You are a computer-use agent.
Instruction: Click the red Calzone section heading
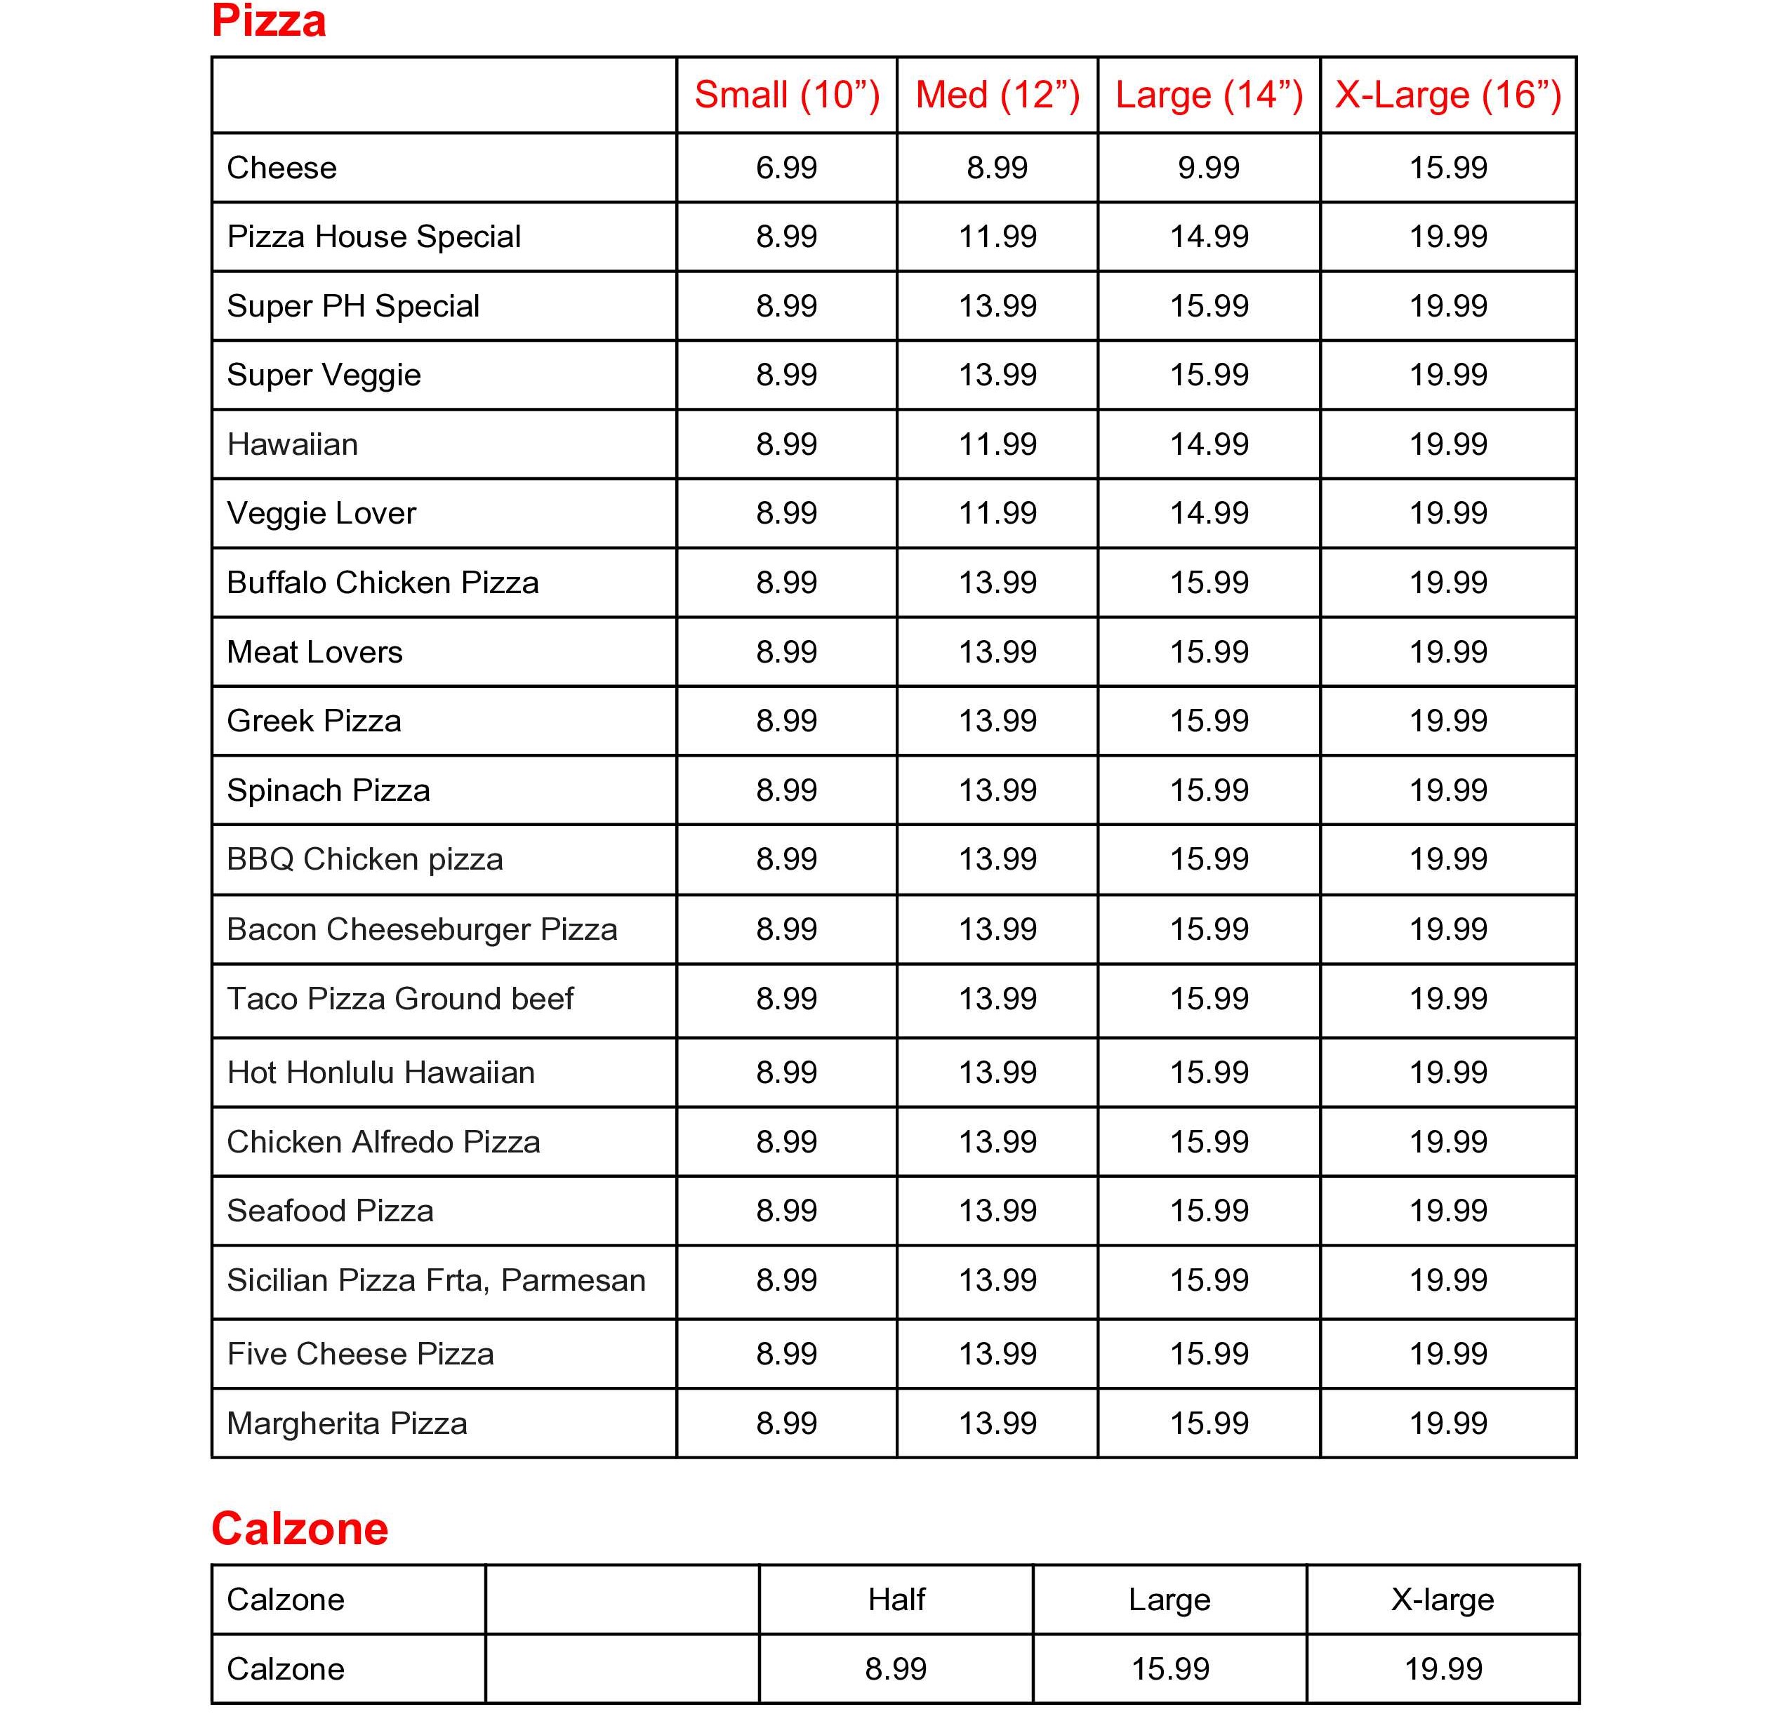click(300, 1529)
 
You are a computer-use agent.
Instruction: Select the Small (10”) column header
click(786, 95)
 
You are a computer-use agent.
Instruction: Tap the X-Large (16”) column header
click(1447, 95)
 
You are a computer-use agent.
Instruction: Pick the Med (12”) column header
click(997, 95)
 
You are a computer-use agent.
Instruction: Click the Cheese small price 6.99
click(786, 168)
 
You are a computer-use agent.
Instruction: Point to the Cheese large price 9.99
click(1208, 168)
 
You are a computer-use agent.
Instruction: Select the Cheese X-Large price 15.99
click(1447, 168)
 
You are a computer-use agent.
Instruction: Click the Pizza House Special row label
click(373, 237)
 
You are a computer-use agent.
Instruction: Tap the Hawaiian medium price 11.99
click(997, 445)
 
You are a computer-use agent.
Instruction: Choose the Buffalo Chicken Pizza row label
click(383, 583)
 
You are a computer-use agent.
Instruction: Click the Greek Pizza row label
click(314, 722)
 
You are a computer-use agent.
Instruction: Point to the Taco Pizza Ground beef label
click(400, 999)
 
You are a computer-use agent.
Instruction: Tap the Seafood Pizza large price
click(1208, 1211)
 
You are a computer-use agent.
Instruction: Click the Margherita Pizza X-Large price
click(1447, 1423)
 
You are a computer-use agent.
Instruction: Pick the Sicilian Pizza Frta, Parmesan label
click(436, 1280)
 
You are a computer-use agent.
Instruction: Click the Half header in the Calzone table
click(896, 1600)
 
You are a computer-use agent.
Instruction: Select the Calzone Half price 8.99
click(896, 1669)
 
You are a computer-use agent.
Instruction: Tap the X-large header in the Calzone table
click(1442, 1600)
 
